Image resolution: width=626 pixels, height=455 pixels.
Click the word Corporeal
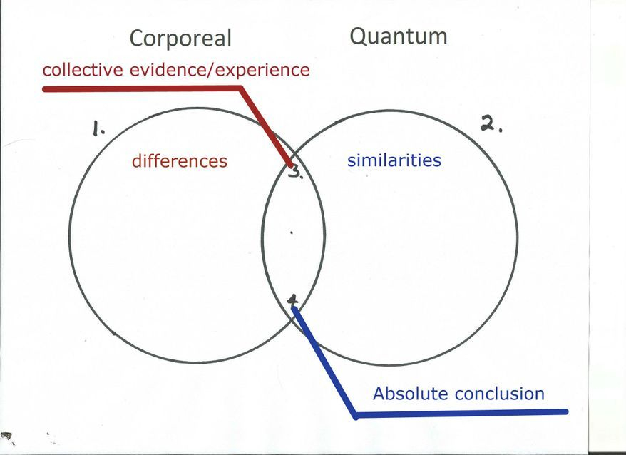tap(180, 38)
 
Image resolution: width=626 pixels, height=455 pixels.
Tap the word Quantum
tap(398, 36)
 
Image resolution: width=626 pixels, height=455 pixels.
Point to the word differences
tap(179, 161)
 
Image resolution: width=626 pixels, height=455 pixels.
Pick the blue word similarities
tap(394, 160)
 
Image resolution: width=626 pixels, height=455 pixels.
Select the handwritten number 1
tap(98, 129)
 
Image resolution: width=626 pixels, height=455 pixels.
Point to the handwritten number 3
tap(294, 172)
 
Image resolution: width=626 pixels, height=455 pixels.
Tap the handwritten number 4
tap(293, 301)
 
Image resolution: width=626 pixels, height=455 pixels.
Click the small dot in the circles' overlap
tap(291, 232)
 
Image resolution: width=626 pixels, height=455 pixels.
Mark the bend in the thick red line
tap(241, 88)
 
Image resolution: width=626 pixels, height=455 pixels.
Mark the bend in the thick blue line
tap(356, 414)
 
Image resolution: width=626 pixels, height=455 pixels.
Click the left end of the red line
tap(45, 89)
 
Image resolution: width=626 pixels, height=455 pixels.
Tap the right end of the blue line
tap(566, 411)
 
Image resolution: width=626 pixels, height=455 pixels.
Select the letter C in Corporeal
tap(138, 38)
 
